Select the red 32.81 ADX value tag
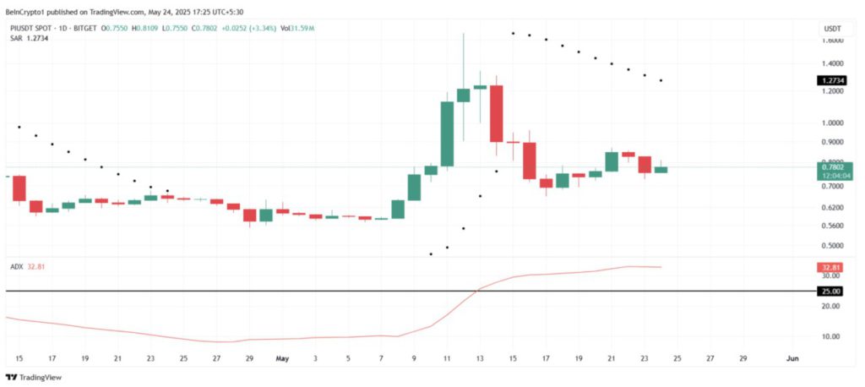click(830, 268)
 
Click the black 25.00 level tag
click(830, 292)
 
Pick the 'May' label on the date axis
click(282, 358)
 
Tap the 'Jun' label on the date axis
click(792, 358)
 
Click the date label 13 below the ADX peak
click(480, 358)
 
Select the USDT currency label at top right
click(831, 28)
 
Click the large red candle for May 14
click(496, 113)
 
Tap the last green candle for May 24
click(661, 169)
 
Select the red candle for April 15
click(19, 188)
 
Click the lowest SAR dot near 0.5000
click(431, 253)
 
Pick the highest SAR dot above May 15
click(513, 33)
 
